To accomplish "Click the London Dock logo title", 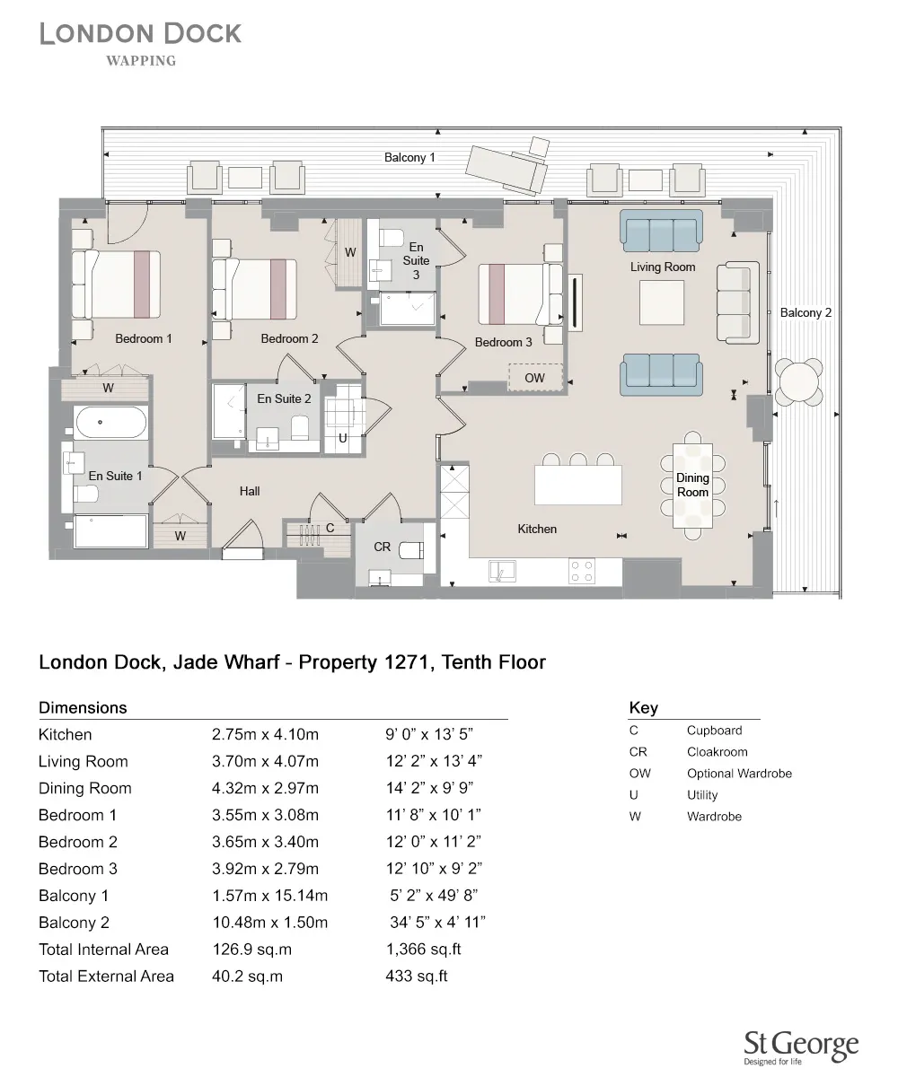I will pos(140,34).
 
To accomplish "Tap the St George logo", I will pos(801,1046).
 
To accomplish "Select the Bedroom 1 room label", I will pos(143,338).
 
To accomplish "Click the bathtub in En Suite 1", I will pos(110,422).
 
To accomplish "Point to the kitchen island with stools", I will pos(577,484).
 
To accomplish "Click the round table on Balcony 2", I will pos(799,382).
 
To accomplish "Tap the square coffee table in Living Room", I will pos(661,302).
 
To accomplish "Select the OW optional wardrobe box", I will pos(535,378).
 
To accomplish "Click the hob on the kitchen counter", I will pos(581,570).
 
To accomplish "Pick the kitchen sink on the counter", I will pos(501,570).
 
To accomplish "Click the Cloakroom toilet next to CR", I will pos(411,550).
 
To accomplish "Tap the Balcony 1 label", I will pos(409,157).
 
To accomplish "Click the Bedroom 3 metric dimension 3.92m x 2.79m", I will pos(265,868).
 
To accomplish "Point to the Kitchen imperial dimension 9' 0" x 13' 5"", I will pos(429,734).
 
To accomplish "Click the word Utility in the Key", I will pos(702,795).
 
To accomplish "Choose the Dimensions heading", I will pos(83,707).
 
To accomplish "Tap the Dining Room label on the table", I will pos(692,485).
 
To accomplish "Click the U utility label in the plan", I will pos(342,438).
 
